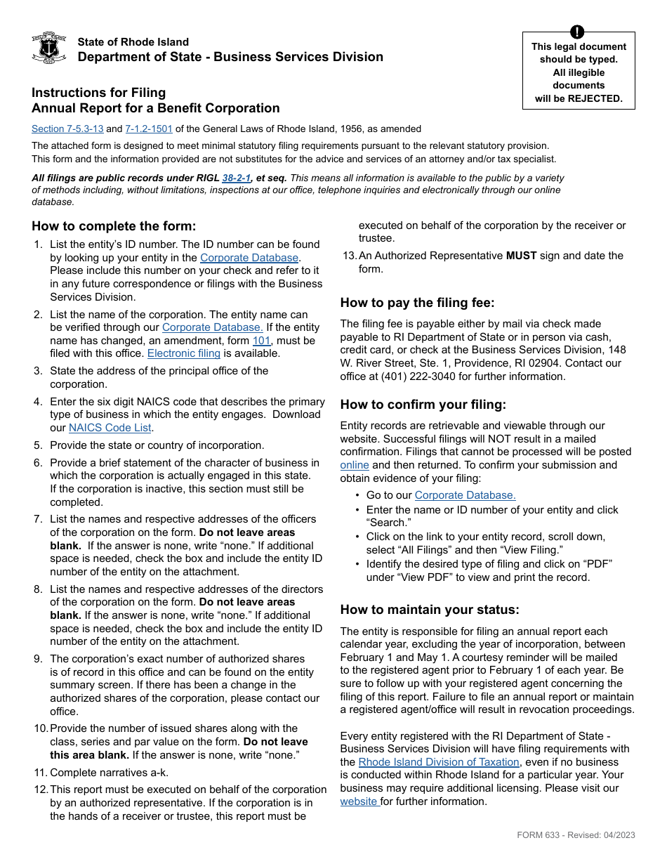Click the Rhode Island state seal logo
pos(49,48)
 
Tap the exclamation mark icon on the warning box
pos(578,32)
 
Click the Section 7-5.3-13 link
pos(67,129)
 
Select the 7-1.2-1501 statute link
pos(149,129)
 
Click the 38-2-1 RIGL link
pos(237,178)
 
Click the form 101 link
pos(261,341)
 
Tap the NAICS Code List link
pos(110,428)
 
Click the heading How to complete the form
pos(114,226)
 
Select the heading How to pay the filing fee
pos(417,303)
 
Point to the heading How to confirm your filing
pos(423,405)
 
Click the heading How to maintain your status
pos(430,610)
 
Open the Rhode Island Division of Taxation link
pos(439,762)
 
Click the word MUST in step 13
pos(521,256)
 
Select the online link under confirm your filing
pos(355,465)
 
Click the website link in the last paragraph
pos(359,801)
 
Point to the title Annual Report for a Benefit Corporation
pos(155,108)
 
